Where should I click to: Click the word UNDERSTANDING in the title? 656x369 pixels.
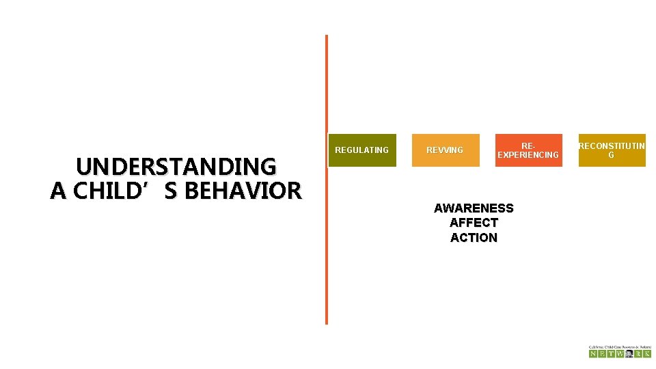point(176,167)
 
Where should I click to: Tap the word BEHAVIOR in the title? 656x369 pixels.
point(243,191)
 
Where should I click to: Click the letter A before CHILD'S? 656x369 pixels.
point(57,191)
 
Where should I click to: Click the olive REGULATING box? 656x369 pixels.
point(361,150)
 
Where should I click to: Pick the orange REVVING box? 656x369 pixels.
point(445,150)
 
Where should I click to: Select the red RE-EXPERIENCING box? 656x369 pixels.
point(528,150)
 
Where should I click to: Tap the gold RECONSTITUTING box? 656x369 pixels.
point(611,150)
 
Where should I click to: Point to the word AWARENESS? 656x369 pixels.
point(474,208)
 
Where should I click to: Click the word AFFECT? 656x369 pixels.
point(474,223)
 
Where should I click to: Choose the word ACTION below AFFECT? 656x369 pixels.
point(474,238)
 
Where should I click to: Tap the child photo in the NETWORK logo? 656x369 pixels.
point(629,353)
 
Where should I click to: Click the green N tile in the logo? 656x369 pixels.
point(593,353)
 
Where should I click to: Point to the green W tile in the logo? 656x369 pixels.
point(620,353)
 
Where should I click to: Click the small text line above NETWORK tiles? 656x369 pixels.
point(620,346)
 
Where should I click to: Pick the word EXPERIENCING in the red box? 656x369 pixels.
point(528,155)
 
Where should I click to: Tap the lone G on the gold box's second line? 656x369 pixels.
point(611,155)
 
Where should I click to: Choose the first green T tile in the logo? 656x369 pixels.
point(611,353)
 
